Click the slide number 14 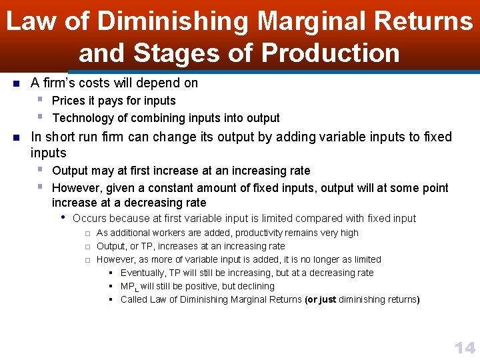pos(464,347)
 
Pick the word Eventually pos(144,273)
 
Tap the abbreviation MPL pos(129,287)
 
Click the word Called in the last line pos(134,299)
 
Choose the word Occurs pos(89,218)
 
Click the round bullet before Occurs pos(62,218)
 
